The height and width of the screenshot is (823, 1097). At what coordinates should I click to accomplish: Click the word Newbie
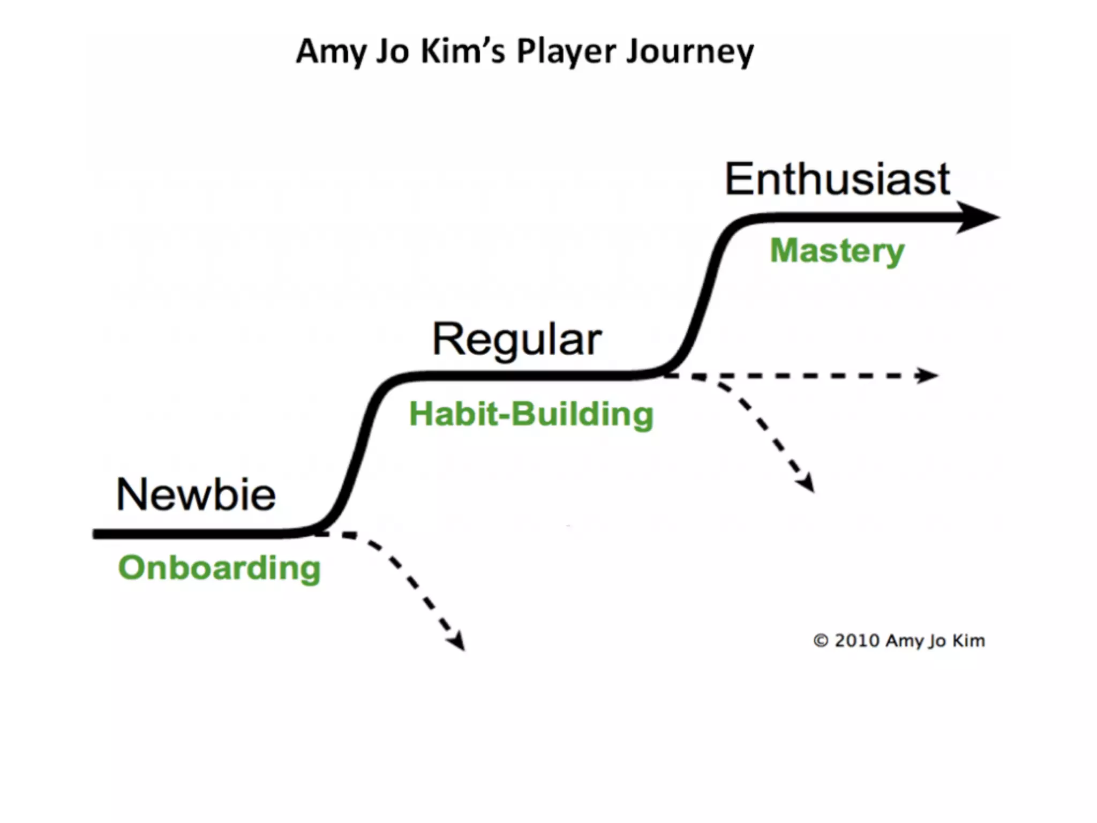pos(196,495)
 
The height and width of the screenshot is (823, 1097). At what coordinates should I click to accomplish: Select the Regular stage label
pos(517,340)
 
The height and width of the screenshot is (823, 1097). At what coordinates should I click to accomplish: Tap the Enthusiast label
pos(837,179)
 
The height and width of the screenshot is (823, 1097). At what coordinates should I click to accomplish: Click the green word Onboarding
pos(219,568)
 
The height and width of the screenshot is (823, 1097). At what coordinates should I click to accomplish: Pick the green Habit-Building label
pos(531,414)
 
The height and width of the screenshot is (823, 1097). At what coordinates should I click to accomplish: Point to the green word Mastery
pos(837,251)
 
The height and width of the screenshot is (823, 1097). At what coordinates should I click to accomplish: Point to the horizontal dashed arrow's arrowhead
pos(927,375)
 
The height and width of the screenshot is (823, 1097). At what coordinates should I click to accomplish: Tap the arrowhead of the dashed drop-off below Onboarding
pos(457,641)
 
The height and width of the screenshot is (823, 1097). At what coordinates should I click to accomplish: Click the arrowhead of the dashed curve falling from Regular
pos(807,482)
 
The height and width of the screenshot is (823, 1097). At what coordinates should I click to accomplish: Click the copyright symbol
pos(821,640)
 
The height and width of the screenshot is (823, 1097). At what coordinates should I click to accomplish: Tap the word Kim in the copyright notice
pos(968,640)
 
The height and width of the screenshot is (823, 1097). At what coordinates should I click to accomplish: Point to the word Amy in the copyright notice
pos(903,641)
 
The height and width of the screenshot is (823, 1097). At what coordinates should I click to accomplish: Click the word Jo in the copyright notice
pos(937,641)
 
